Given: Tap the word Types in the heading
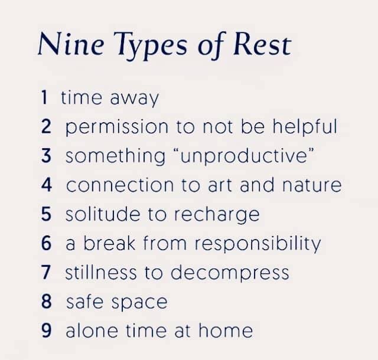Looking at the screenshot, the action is pyautogui.click(x=151, y=46).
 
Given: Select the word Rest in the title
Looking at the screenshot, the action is pyautogui.click(x=262, y=44).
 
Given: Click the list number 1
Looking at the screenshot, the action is pyautogui.click(x=44, y=97).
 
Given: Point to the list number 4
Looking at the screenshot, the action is pyautogui.click(x=47, y=185).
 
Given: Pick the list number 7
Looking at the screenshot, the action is pyautogui.click(x=46, y=272).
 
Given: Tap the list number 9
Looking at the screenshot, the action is pyautogui.click(x=46, y=330).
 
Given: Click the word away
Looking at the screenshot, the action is pyautogui.click(x=134, y=99).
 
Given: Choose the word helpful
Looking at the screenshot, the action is pyautogui.click(x=305, y=126).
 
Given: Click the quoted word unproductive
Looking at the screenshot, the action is pyautogui.click(x=244, y=157).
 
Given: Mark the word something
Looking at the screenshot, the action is pyautogui.click(x=116, y=156).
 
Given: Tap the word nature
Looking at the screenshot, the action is pyautogui.click(x=312, y=185).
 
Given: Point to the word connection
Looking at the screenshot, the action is pyautogui.click(x=120, y=185).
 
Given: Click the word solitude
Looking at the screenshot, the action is pyautogui.click(x=103, y=214).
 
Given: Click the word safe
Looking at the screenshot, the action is pyautogui.click(x=84, y=301).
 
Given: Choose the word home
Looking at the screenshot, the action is pyautogui.click(x=226, y=330).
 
